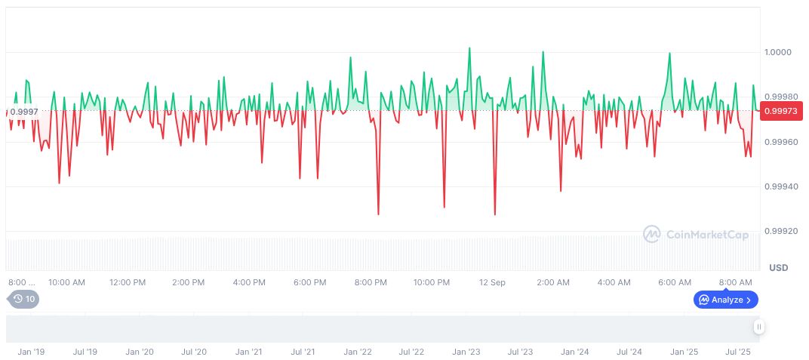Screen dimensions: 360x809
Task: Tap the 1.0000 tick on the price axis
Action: click(x=777, y=52)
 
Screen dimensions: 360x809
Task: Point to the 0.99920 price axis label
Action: click(x=780, y=231)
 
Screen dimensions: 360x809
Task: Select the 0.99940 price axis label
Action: click(x=780, y=186)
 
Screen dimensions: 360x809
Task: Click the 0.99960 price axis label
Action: click(x=780, y=142)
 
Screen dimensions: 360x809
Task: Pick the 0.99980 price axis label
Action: click(x=780, y=97)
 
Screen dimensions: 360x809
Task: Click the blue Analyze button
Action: click(x=725, y=300)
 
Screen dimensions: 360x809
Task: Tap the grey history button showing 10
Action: click(x=24, y=299)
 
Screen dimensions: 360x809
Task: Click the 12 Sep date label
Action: click(x=492, y=282)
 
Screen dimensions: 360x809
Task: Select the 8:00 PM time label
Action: click(x=371, y=282)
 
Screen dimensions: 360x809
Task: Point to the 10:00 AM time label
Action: click(x=66, y=282)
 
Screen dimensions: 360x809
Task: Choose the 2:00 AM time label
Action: click(x=553, y=282)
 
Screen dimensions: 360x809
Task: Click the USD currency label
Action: click(x=778, y=268)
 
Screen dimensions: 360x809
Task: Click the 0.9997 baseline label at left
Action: click(x=24, y=112)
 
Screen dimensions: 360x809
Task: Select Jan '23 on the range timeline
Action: click(x=466, y=352)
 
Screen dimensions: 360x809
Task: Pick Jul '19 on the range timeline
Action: click(x=85, y=352)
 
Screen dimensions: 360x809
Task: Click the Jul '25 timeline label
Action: click(x=738, y=352)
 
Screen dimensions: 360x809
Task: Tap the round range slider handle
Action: click(x=758, y=327)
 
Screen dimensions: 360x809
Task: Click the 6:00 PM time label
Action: click(x=309, y=282)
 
